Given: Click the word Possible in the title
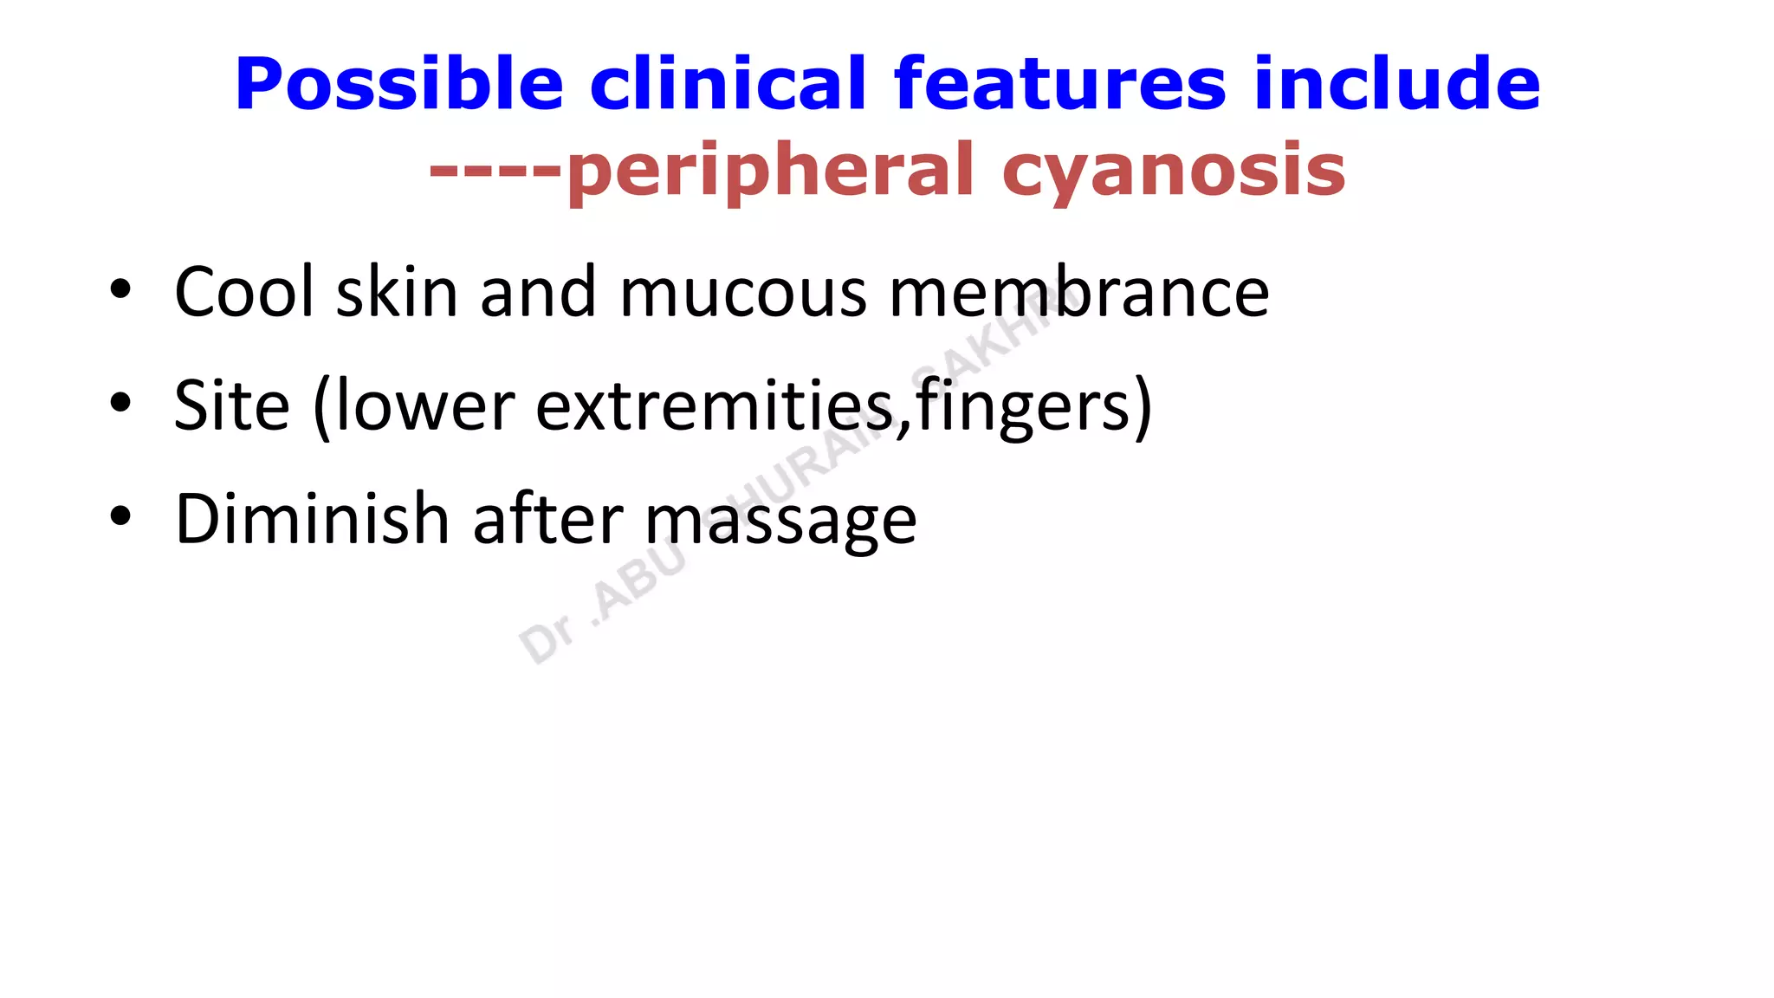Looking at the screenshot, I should pyautogui.click(x=399, y=84).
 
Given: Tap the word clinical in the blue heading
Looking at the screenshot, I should pyautogui.click(x=728, y=84).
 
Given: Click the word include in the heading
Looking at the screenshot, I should pyautogui.click(x=1396, y=84).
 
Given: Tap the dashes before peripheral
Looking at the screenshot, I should pyautogui.click(x=496, y=169).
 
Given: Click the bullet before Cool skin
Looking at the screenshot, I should pyautogui.click(x=120, y=290).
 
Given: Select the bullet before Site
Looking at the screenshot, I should pyautogui.click(x=120, y=403).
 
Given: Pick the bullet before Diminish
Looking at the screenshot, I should pyautogui.click(x=120, y=516).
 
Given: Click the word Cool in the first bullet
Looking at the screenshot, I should pyautogui.click(x=244, y=292).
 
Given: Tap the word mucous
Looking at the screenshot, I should pyautogui.click(x=743, y=292).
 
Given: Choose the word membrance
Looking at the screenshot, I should pyautogui.click(x=1079, y=292).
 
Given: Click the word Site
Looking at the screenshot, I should pyautogui.click(x=231, y=405).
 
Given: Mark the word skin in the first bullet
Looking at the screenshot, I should pyautogui.click(x=397, y=292).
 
